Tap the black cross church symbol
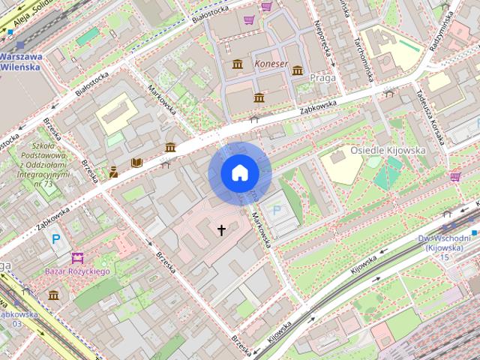pyautogui.click(x=221, y=229)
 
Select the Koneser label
pyautogui.click(x=271, y=64)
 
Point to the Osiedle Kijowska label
pyautogui.click(x=388, y=150)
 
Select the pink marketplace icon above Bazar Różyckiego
pyautogui.click(x=76, y=257)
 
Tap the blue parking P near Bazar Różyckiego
pyautogui.click(x=55, y=240)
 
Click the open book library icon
pyautogui.click(x=136, y=162)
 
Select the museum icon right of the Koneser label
pyautogui.click(x=298, y=70)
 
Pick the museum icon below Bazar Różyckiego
pyautogui.click(x=53, y=295)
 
